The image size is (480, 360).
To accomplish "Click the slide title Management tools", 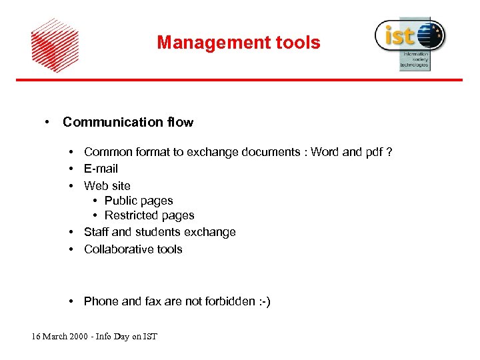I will [239, 43].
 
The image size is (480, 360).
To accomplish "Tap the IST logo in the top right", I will [409, 41].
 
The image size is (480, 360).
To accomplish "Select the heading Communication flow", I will [127, 122].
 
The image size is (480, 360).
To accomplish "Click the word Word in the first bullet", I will [325, 152].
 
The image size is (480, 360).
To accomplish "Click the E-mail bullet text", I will [101, 169].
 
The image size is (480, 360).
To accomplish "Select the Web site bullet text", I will [107, 185].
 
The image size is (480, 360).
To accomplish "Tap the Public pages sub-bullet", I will [139, 201].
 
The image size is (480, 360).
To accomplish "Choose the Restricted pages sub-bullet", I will [149, 215].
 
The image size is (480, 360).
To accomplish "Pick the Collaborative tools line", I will [133, 249].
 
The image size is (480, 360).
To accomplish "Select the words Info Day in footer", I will [113, 336].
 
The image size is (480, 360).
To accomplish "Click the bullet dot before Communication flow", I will [48, 122].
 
